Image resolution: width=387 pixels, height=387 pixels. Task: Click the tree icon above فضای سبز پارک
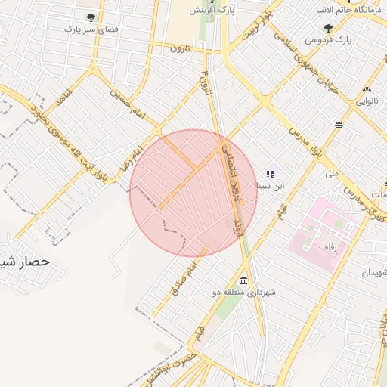pos(91,17)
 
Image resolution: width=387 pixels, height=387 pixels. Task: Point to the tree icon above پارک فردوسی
pos(328,27)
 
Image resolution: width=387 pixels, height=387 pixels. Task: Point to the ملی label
pos(332,173)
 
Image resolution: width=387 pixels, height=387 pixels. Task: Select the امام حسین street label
pos(127,100)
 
